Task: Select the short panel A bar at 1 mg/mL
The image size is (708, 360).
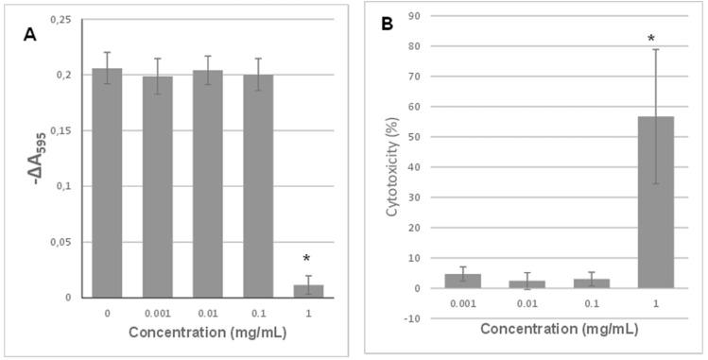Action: (x=308, y=291)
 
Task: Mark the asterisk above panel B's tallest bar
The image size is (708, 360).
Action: (x=652, y=39)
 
